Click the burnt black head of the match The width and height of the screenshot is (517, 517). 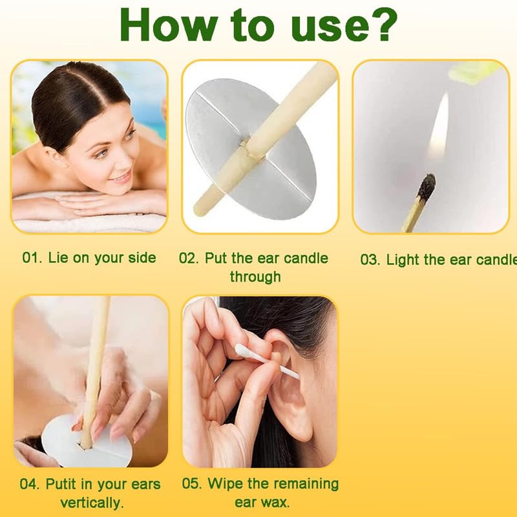tap(426, 188)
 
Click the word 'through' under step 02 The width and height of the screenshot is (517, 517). tap(255, 277)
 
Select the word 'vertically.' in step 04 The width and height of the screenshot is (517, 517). tap(92, 502)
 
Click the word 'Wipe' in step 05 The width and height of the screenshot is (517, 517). tap(239, 483)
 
